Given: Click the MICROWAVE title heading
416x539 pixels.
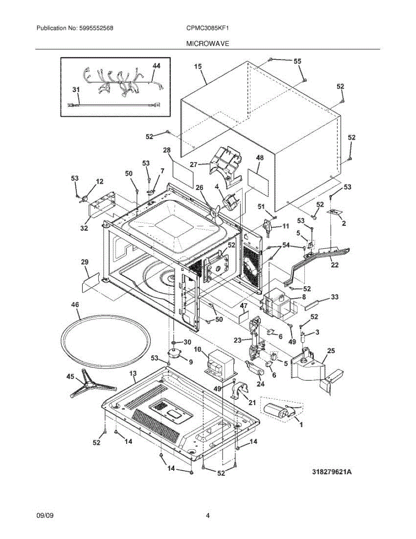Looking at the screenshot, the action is click(x=208, y=44).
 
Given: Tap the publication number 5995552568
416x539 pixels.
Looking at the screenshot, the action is click(x=96, y=28).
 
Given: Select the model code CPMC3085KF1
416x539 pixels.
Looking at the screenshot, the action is click(x=208, y=28).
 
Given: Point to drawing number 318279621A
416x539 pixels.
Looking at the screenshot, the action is click(x=332, y=472).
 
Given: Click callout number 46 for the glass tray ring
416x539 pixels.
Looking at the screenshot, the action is click(x=74, y=304).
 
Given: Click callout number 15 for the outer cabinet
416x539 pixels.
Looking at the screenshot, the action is click(x=198, y=66).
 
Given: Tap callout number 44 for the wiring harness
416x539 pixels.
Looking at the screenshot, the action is click(x=156, y=66).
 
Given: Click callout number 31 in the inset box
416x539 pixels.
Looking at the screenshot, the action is click(x=76, y=89).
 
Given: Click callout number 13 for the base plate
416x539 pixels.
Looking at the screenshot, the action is click(x=133, y=373).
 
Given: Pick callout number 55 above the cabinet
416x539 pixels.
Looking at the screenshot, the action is click(x=298, y=61).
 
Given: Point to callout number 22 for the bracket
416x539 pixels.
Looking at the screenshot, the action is click(x=335, y=265).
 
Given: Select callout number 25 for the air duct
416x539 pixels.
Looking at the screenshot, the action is click(x=331, y=350).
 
